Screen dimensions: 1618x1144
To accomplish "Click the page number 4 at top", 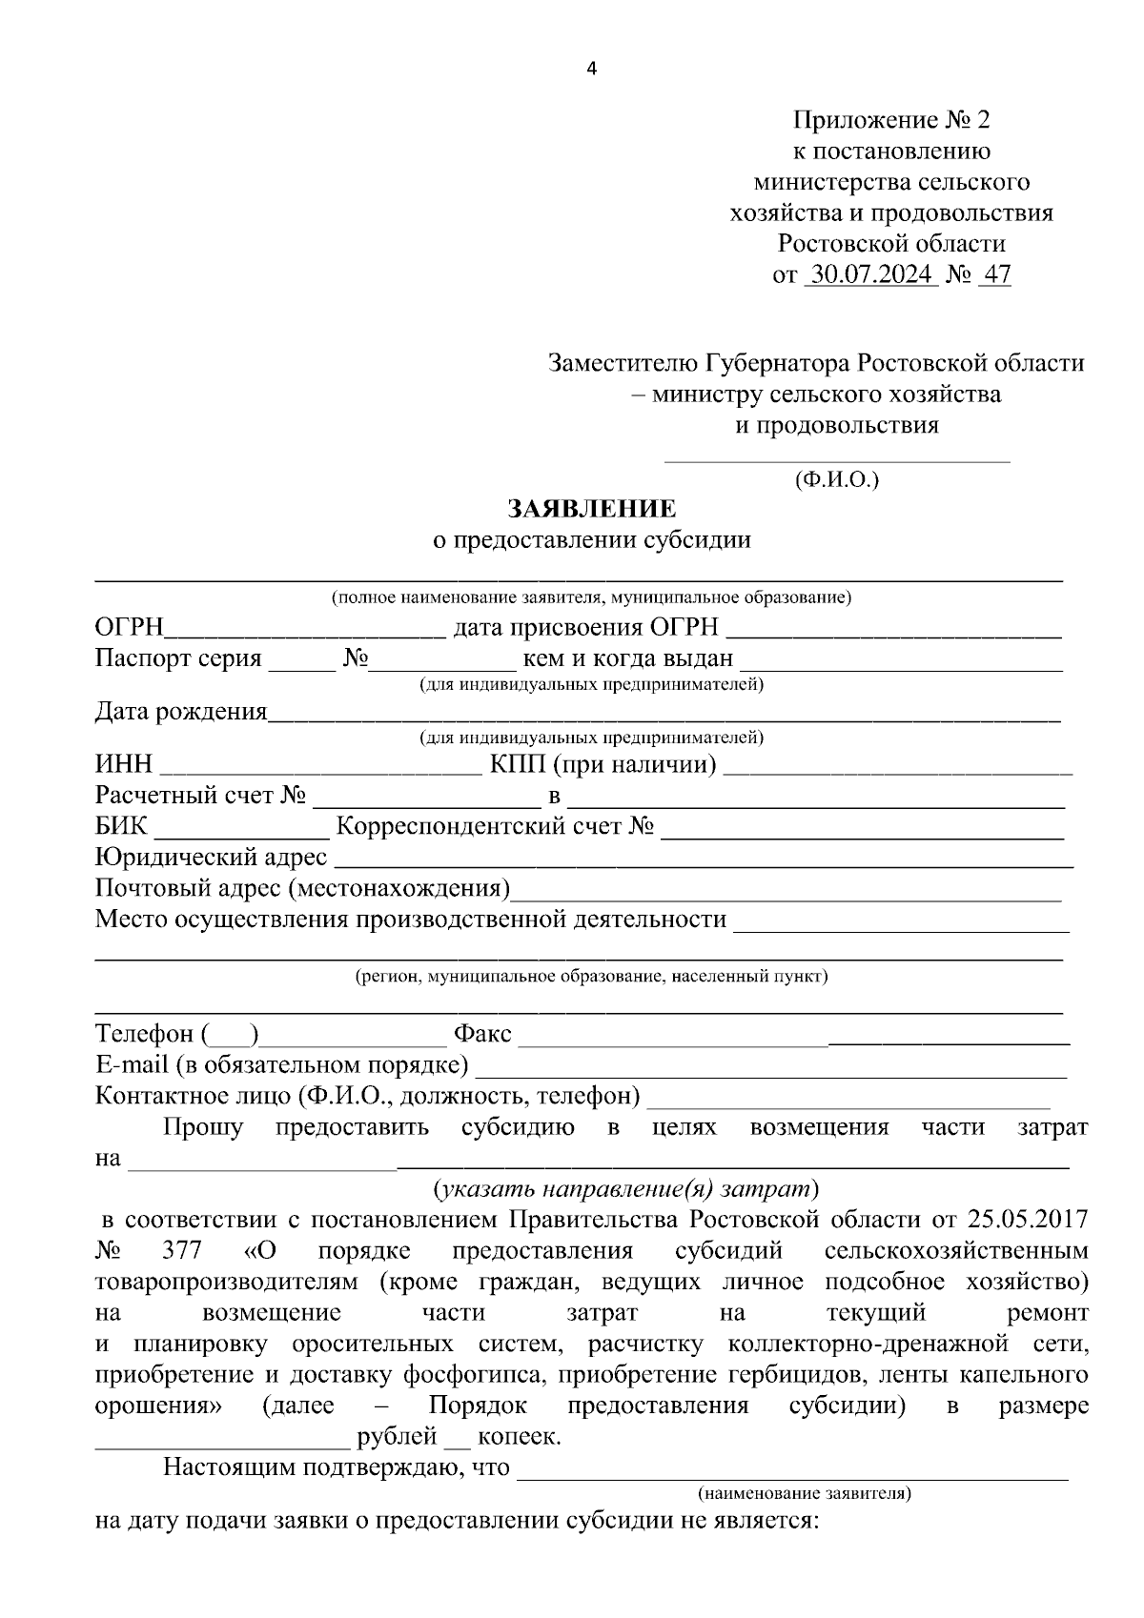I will tap(592, 69).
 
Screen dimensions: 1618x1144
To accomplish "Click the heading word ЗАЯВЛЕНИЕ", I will tap(592, 509).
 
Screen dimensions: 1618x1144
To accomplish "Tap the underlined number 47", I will tap(996, 275).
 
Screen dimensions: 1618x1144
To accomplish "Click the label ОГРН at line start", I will tap(130, 628).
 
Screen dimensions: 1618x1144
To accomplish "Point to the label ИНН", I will tap(124, 765).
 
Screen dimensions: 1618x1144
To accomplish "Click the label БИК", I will tap(121, 827).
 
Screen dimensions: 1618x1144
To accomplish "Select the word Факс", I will tap(482, 1034).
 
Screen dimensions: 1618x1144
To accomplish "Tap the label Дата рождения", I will tap(181, 712).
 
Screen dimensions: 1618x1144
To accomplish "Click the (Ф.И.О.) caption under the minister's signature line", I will tap(836, 479).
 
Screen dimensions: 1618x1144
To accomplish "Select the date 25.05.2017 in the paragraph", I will tap(1028, 1220).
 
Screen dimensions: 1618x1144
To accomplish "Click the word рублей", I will tap(396, 1437).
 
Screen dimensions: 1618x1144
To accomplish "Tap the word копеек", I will tap(519, 1437).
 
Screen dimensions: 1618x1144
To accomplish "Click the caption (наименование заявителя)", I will tap(805, 1493).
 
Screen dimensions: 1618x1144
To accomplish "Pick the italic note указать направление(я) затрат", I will tap(625, 1188).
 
